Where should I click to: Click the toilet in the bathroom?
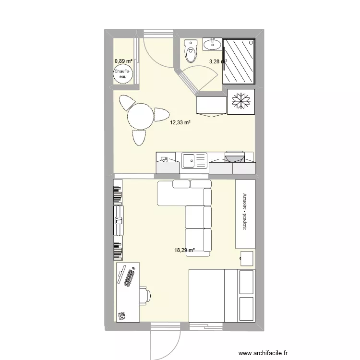click(191, 51)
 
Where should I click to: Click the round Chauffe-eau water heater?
click(121, 73)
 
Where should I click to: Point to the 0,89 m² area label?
click(123, 61)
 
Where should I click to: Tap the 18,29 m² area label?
click(185, 250)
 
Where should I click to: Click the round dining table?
click(140, 117)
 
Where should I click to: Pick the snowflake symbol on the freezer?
click(240, 101)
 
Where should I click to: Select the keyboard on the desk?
click(129, 278)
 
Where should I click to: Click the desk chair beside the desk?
click(144, 295)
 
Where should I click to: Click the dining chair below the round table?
click(139, 138)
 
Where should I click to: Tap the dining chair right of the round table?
click(161, 115)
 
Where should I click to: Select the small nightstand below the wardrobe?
click(247, 258)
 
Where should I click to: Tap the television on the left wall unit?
click(118, 220)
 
